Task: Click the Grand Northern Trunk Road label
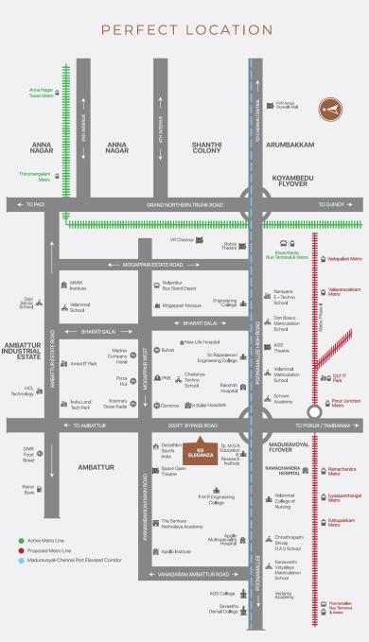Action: [x=184, y=204]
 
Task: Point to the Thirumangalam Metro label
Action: [x=36, y=175]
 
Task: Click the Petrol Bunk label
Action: [x=28, y=491]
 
